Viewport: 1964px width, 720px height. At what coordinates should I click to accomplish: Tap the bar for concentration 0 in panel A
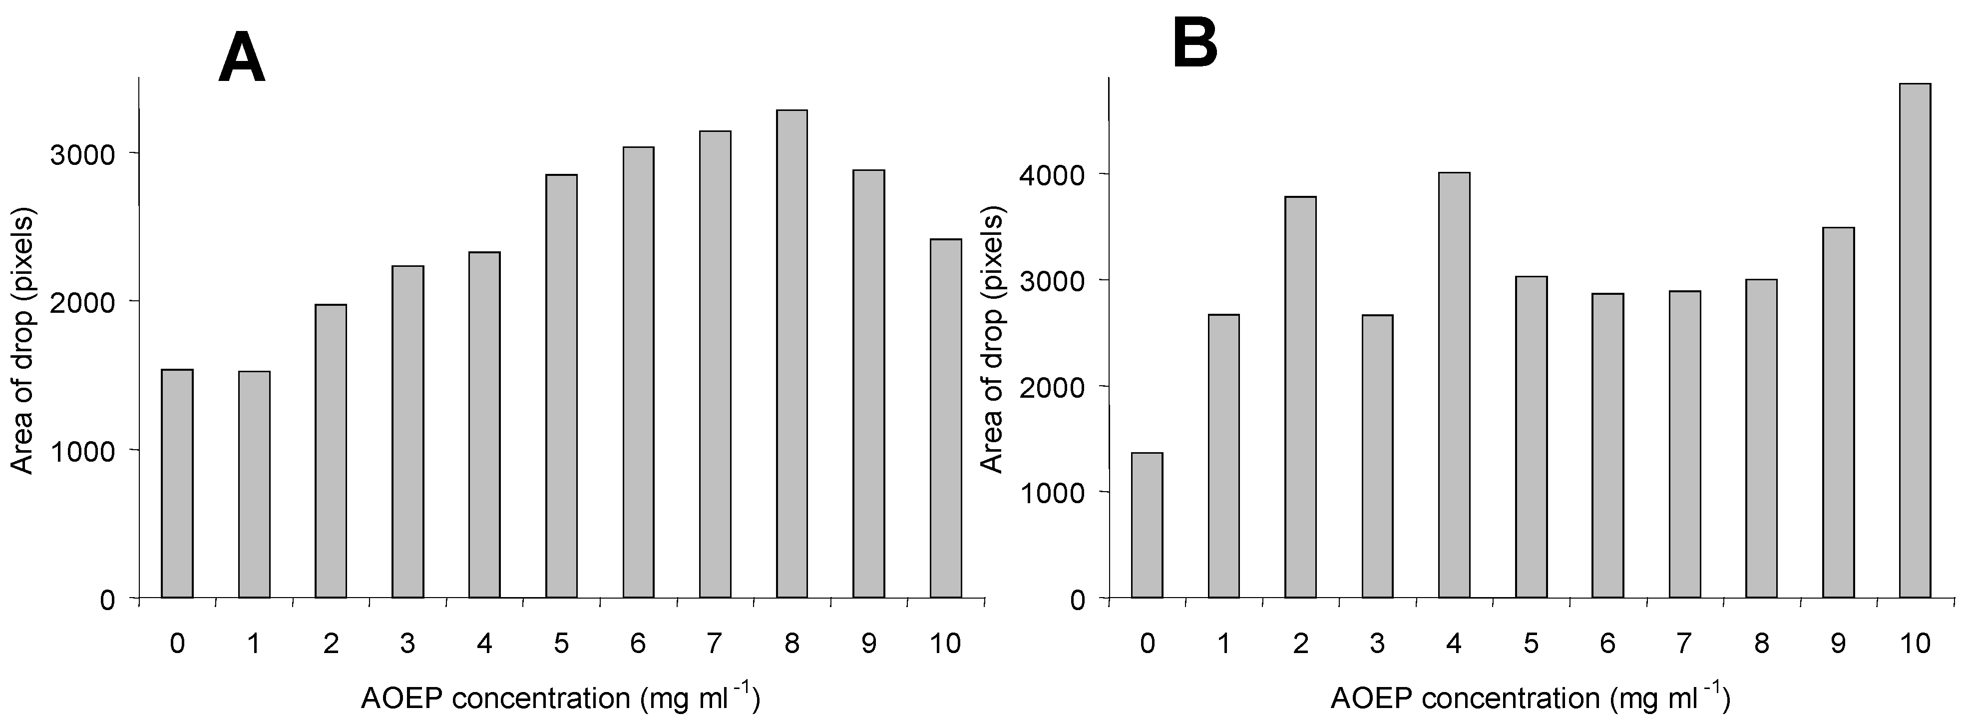(177, 484)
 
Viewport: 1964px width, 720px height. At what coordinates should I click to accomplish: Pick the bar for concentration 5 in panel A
(561, 386)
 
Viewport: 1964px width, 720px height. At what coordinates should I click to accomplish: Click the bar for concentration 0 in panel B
(1147, 526)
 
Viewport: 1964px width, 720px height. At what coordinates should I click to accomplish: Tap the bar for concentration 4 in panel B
(1454, 385)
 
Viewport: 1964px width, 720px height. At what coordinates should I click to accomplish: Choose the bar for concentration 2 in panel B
(1300, 397)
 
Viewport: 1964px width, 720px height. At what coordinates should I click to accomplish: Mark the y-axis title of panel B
(992, 343)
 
